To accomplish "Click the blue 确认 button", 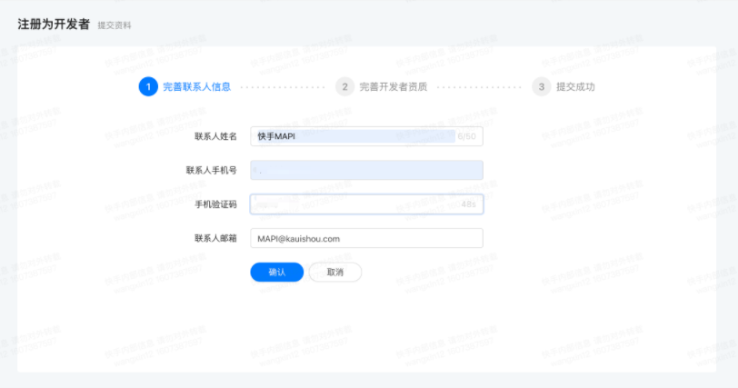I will tap(277, 273).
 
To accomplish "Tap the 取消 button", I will tap(335, 273).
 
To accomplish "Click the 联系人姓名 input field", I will tap(354, 136).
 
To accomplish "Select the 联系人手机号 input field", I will tap(366, 170).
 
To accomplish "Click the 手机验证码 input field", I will tap(354, 204).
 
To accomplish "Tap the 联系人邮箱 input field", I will tap(366, 238).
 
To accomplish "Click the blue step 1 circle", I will tap(147, 87).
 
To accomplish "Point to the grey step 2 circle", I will tap(344, 87).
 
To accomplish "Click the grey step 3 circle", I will tap(542, 87).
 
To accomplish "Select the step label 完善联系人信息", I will tap(196, 87).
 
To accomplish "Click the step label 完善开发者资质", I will tap(393, 87).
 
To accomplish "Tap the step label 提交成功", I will tap(575, 87).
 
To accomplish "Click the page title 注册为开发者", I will tap(54, 25).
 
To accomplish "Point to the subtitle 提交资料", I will tap(115, 25).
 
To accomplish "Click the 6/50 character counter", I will tap(467, 136).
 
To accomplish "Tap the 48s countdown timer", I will tap(469, 204).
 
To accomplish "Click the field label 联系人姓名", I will tap(215, 136).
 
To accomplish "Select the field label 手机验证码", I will tap(215, 204).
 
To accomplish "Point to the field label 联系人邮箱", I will tap(215, 238).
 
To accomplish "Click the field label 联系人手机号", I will tap(212, 170).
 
